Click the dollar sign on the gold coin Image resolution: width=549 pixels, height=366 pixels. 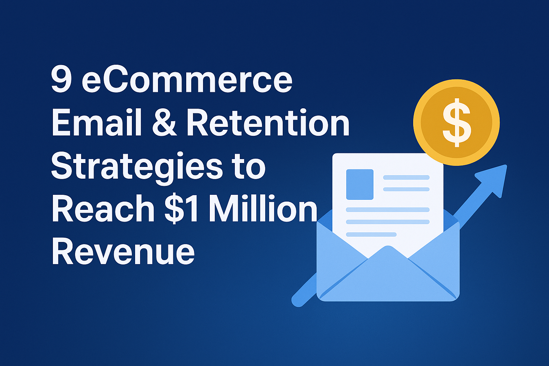456,123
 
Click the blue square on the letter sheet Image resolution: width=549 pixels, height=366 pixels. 360,184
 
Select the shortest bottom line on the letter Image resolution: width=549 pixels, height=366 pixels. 371,234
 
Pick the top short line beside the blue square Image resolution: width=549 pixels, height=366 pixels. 406,177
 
